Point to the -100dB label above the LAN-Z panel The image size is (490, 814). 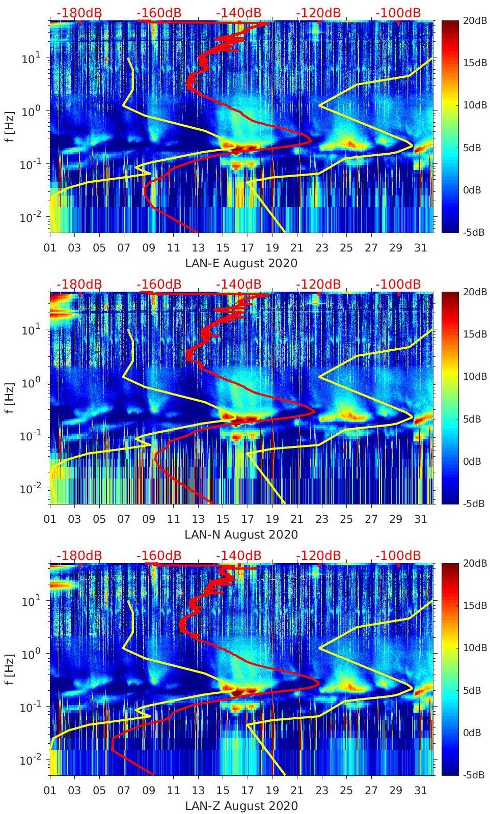(398, 555)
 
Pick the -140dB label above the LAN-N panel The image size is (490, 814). (239, 284)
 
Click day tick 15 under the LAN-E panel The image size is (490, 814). (223, 248)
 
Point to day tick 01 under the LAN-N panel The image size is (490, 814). (50, 519)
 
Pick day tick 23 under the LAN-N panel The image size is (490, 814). (321, 519)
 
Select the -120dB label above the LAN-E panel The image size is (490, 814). (318, 13)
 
